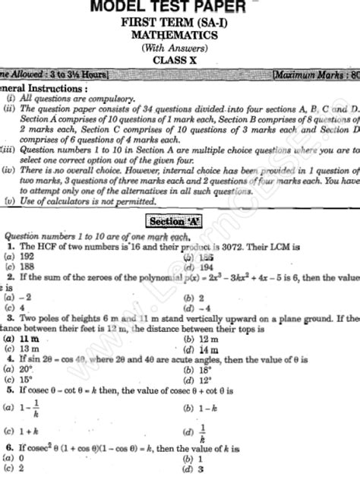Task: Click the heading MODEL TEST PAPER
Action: (180, 8)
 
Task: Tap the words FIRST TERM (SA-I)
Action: (180, 24)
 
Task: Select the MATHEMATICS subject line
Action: (180, 35)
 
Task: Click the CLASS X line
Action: (180, 58)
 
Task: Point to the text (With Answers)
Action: (180, 46)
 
